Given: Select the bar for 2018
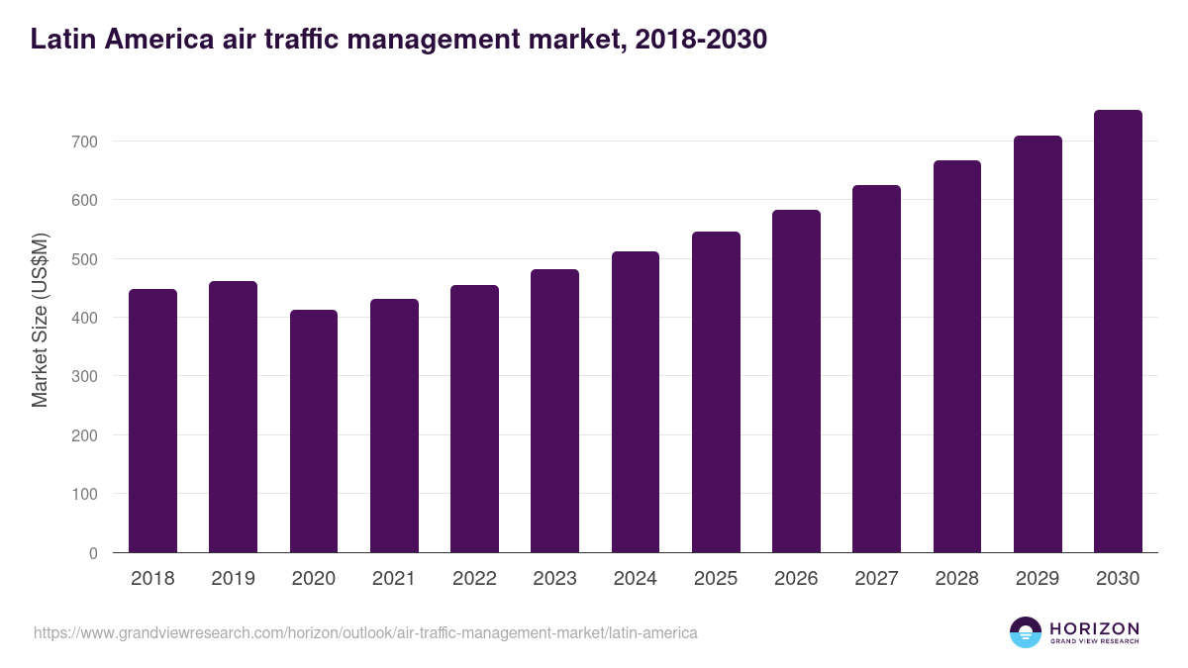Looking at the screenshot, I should coord(152,421).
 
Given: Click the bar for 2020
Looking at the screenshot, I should coord(314,430).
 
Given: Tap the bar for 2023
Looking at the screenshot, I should coord(554,411).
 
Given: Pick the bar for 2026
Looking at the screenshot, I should coord(796,381).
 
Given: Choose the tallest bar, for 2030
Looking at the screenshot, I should coord(1118,332).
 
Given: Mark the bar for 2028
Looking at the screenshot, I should coord(956,356).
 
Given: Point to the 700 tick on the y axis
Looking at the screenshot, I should coord(85,142).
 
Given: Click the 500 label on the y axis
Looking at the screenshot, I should coord(85,259).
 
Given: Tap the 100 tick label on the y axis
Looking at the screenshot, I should coord(85,494).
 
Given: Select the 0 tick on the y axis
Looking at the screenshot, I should coord(93,553).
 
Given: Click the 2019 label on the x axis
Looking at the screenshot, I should coord(233,579).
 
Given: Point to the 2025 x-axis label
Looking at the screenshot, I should coord(716,579).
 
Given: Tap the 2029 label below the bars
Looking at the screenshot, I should coord(1038,579).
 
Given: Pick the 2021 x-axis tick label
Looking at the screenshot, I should coord(394,579).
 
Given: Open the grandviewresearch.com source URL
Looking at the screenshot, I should coord(365,632).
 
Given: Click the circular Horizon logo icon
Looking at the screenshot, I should coord(1026,632).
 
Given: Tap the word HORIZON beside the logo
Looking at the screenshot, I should coord(1094,628).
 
